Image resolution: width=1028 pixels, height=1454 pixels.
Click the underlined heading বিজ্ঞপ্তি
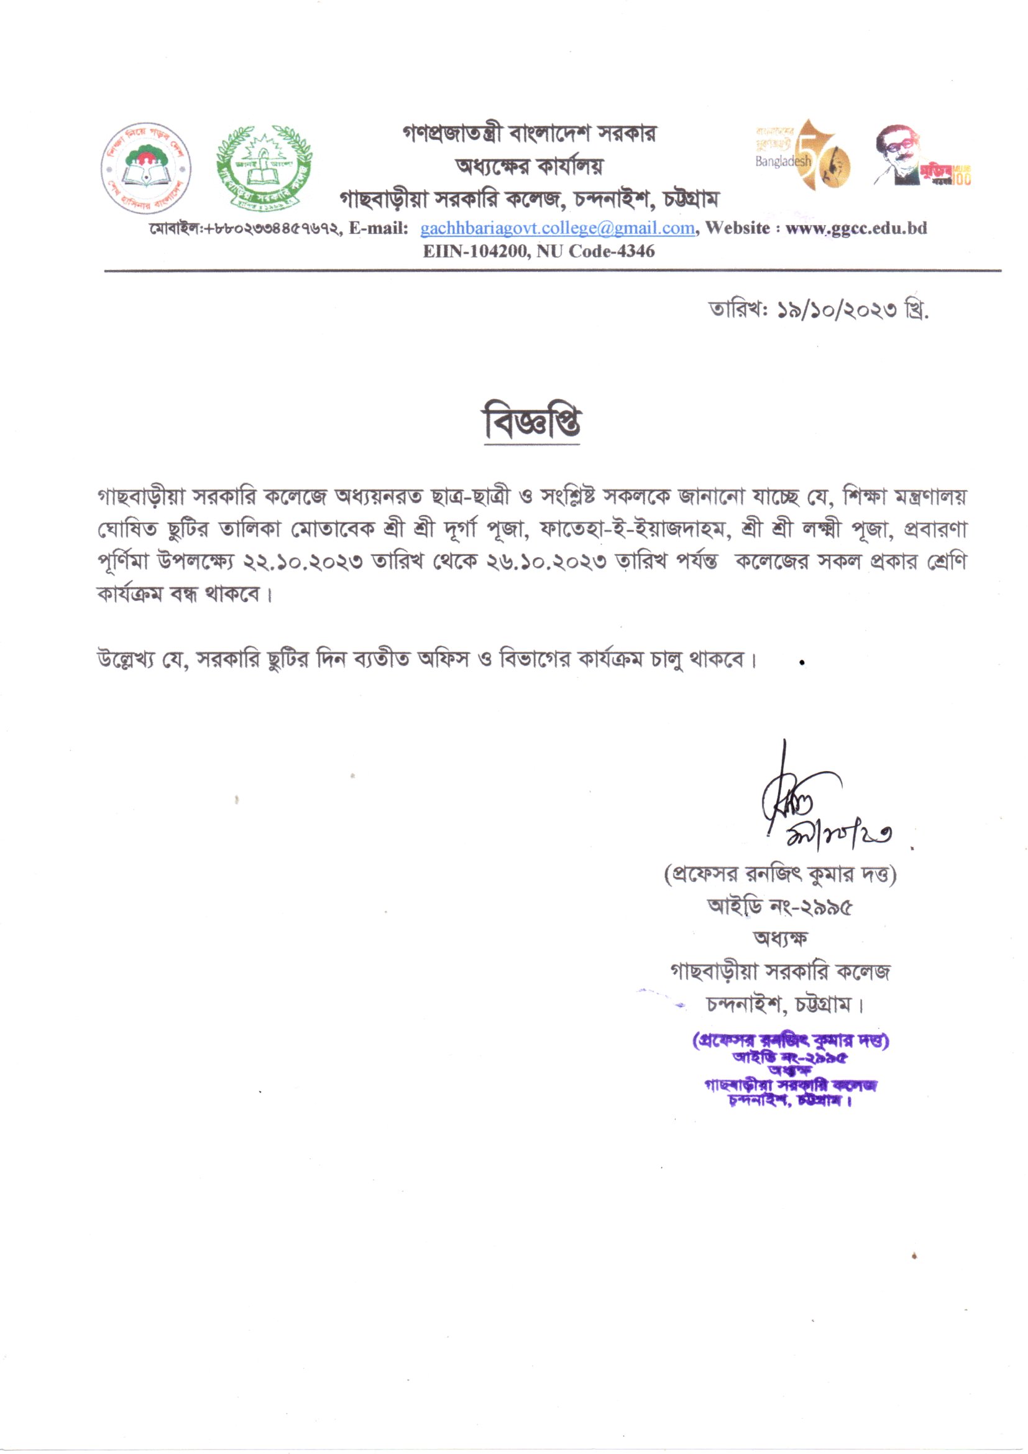(532, 421)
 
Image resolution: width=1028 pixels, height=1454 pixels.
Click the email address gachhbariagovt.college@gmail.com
(558, 229)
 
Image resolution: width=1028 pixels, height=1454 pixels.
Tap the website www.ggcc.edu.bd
(856, 229)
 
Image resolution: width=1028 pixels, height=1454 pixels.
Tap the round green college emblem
(265, 168)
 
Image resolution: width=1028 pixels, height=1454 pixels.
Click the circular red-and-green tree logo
(146, 168)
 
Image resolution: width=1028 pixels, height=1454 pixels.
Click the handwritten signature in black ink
(817, 807)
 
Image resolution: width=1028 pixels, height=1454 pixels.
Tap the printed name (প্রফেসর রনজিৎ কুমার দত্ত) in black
(780, 875)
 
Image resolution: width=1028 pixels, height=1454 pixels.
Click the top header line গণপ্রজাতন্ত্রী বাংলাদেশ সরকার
(530, 134)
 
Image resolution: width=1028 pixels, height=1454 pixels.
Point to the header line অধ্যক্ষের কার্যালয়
(530, 166)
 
